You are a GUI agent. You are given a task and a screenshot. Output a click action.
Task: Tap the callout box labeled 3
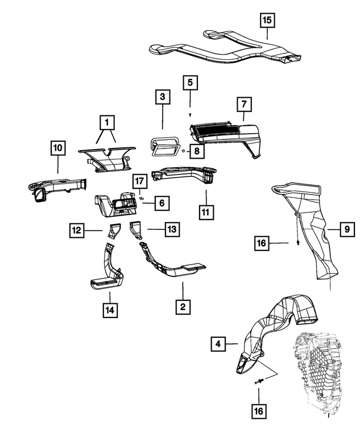163,98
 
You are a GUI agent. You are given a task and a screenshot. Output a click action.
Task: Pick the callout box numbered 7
244,105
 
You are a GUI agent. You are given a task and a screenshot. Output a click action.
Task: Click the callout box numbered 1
106,121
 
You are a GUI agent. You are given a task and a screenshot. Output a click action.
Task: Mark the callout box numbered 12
78,230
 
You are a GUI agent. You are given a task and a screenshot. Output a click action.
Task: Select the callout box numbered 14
110,311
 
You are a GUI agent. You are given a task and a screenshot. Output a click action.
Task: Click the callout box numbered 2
182,307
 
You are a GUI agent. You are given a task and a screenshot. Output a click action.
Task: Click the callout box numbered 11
206,214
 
